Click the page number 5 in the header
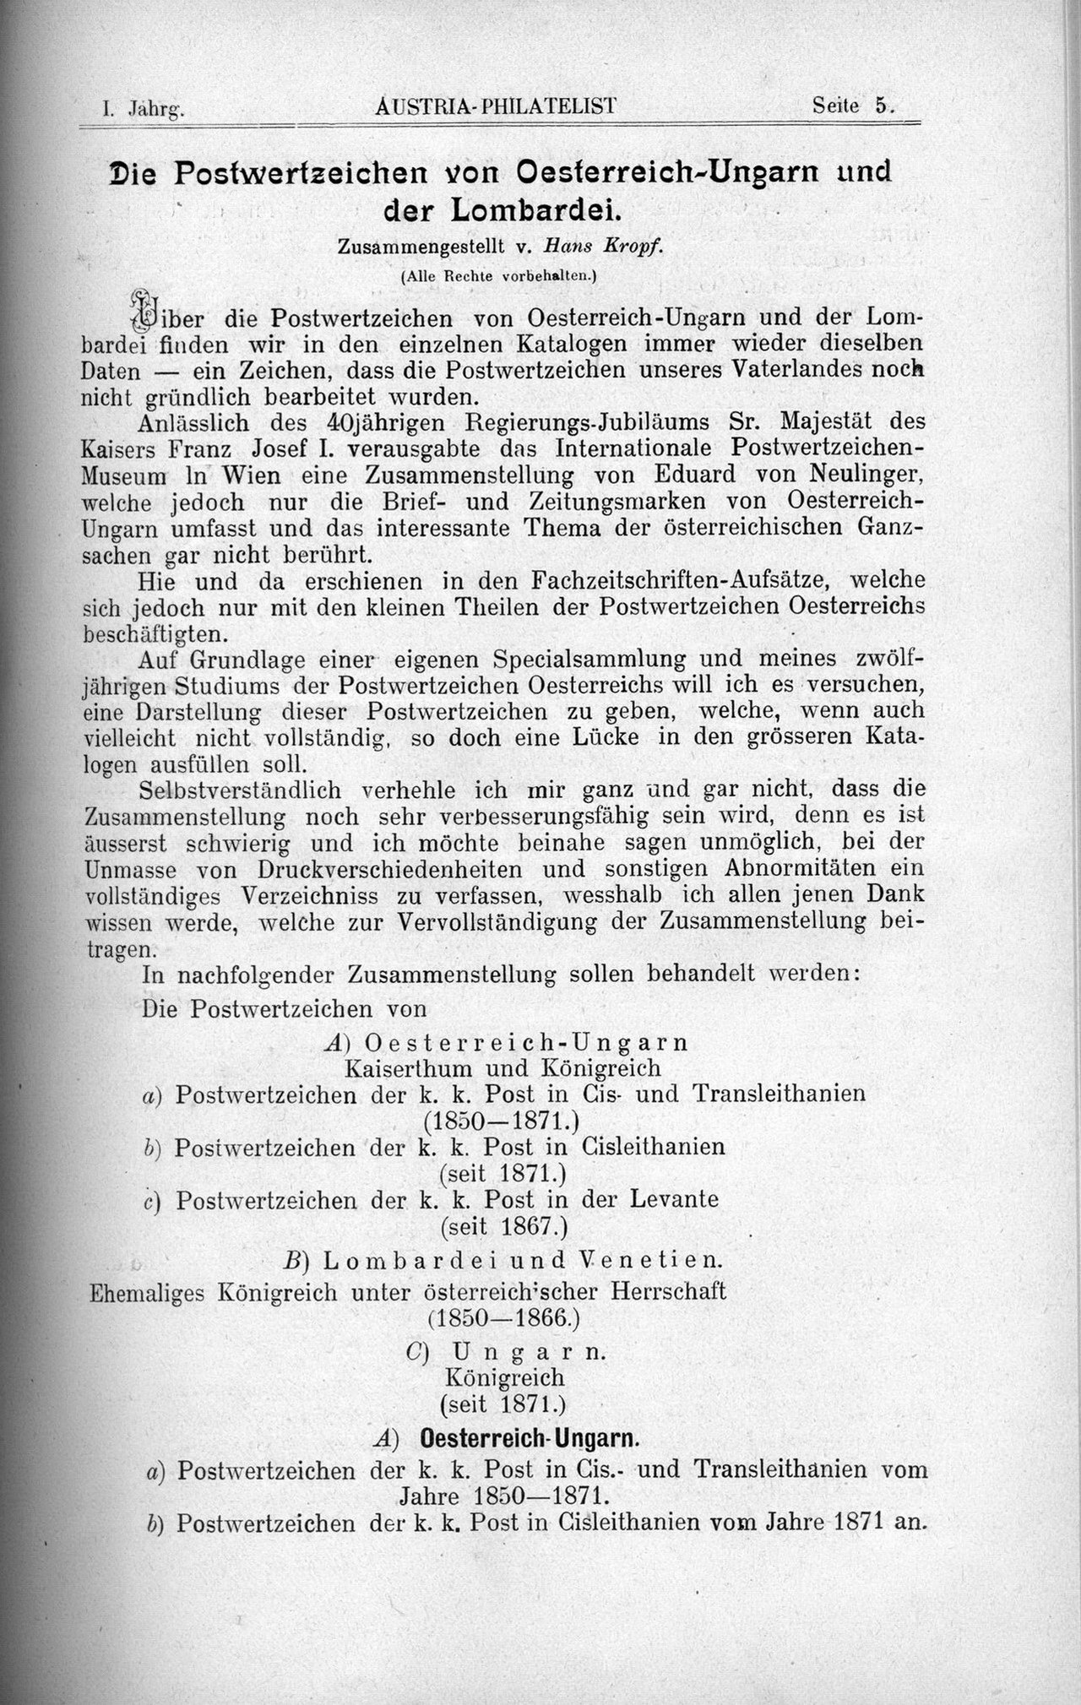pos(883,106)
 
